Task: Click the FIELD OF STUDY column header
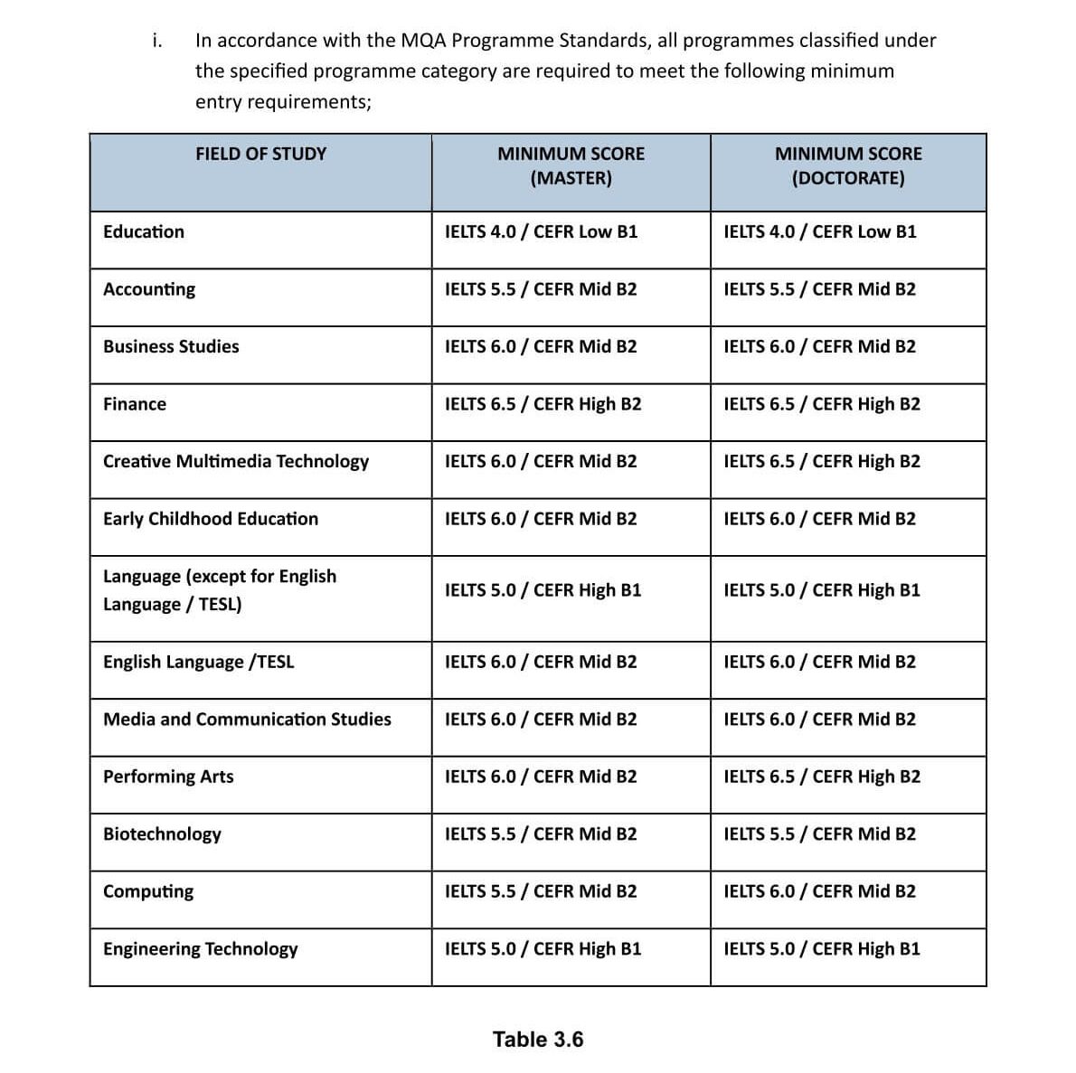coord(260,155)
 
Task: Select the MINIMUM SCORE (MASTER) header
coord(571,166)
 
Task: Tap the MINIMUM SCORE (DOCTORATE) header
coord(848,166)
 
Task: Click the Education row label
coord(144,232)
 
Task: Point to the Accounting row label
coord(149,289)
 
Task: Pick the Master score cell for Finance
coord(543,404)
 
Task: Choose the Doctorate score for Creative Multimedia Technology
coord(821,462)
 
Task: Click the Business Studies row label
coord(171,347)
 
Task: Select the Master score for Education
coord(541,232)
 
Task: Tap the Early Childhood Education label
coord(211,519)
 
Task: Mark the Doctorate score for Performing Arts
coord(821,777)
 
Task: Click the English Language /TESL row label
coord(198,663)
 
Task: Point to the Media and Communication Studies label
coord(247,720)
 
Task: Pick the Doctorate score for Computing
coord(819,892)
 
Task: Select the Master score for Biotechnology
coord(541,834)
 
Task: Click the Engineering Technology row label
coord(200,949)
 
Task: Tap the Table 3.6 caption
coord(538,1040)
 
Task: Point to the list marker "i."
coord(157,41)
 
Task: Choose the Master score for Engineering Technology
coord(543,949)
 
